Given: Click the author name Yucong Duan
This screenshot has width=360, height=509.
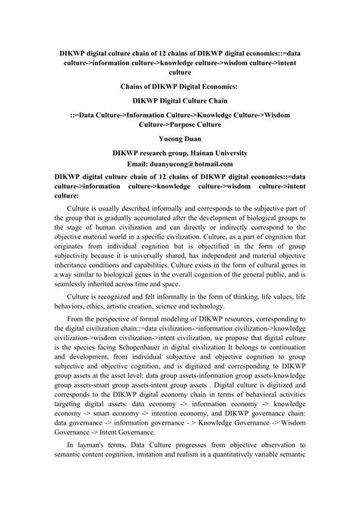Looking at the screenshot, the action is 180,139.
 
